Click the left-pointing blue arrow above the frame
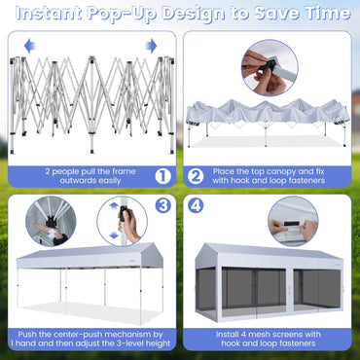[28, 45]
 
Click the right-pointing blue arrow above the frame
[151, 45]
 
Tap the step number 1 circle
[162, 176]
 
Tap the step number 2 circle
[196, 176]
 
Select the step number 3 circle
[162, 206]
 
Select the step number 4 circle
[196, 206]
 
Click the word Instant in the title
[48, 14]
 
